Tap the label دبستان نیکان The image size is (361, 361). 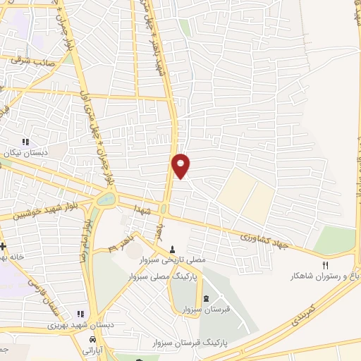pos(27,152)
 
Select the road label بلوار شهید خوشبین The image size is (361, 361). pos(43,212)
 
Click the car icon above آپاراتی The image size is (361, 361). pos(92,339)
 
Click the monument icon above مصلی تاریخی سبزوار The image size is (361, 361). pos(173,249)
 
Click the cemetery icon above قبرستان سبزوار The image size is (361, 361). pos(205,299)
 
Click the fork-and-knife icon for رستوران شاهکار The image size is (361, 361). pos(325,265)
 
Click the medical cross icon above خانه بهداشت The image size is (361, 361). pos(4,246)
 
